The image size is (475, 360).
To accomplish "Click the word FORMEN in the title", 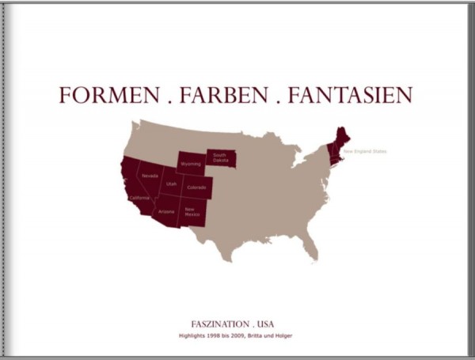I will point(108,96).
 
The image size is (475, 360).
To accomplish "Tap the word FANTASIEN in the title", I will point(350,96).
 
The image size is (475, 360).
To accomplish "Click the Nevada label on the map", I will point(150,176).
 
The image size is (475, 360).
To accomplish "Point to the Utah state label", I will point(171,184).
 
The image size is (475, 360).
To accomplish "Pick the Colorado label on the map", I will point(196,188).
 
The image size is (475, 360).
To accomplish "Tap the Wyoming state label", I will point(190,164).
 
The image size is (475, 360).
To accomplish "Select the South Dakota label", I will point(219,157).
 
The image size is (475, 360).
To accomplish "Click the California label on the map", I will point(139,197).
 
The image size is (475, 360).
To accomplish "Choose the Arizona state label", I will point(166,212).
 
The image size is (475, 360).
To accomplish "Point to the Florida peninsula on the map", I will point(311,248).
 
